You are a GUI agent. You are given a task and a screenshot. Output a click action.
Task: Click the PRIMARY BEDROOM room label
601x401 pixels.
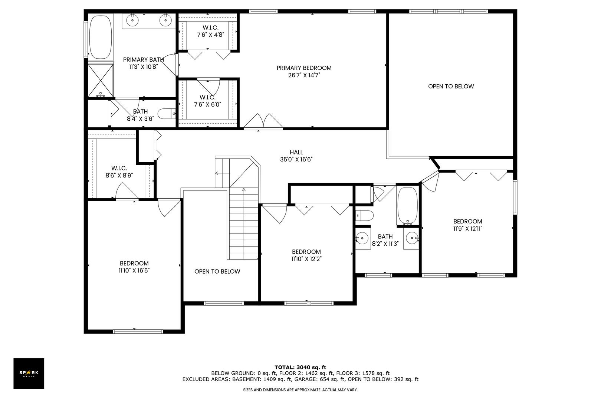coord(304,68)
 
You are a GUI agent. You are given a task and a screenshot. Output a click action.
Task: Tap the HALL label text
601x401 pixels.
coord(296,152)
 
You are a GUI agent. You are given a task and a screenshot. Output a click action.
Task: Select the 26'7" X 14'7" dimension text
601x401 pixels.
coord(304,75)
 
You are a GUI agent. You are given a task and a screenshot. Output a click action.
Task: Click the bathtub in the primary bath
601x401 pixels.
coord(100,37)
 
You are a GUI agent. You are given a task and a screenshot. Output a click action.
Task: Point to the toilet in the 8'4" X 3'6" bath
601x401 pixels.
coord(166,114)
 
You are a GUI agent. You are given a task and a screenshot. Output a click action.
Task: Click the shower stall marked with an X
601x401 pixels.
coord(101,80)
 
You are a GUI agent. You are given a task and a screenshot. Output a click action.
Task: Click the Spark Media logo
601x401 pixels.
coord(29,373)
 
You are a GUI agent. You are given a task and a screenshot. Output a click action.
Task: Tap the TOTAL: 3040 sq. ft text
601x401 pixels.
coord(300,367)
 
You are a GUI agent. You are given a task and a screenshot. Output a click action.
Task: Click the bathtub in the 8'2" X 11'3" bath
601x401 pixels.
coord(407,206)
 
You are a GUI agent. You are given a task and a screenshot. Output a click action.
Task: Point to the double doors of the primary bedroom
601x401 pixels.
coord(263,121)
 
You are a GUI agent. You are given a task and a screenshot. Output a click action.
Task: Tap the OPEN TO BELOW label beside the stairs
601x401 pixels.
coord(217,271)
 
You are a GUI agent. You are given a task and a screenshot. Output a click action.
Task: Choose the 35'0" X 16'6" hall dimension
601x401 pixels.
coord(296,160)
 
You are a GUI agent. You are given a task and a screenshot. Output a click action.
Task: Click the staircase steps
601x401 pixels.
coord(244,224)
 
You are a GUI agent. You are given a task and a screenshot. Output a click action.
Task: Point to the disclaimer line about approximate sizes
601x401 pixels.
coord(300,390)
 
